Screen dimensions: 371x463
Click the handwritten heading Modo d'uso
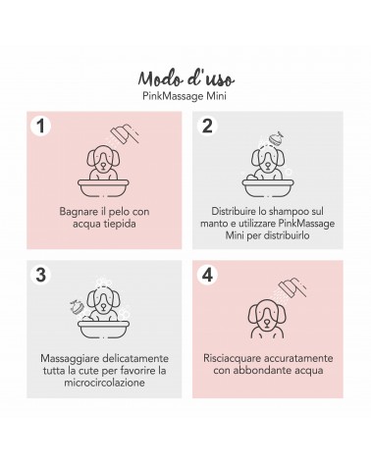(185, 78)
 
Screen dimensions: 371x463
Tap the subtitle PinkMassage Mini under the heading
(185, 96)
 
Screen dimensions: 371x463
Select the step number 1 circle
(40, 126)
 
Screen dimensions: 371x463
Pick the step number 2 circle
(207, 126)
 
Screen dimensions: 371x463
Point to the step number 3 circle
(40, 275)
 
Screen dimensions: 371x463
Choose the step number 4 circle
(207, 275)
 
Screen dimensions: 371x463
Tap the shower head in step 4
(292, 286)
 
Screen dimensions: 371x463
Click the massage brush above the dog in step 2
(275, 138)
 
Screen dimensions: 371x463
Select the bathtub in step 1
(103, 187)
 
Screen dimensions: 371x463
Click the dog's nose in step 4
(267, 323)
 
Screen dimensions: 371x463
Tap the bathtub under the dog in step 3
(103, 329)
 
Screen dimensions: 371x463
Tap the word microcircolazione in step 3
(104, 383)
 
